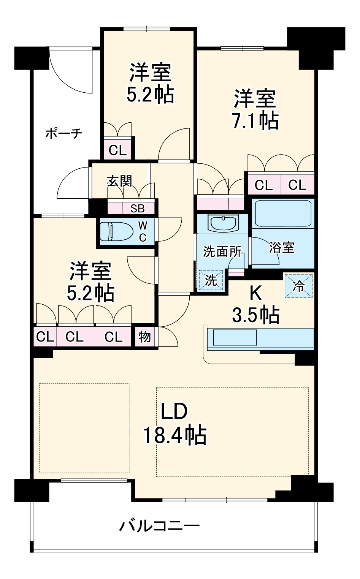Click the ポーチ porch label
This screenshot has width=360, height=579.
click(x=63, y=133)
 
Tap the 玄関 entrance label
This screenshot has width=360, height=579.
click(x=120, y=181)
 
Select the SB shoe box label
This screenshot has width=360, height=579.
click(x=137, y=208)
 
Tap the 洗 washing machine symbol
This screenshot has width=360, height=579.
click(x=211, y=280)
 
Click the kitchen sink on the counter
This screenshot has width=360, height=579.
click(x=235, y=337)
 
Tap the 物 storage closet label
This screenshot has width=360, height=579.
click(x=144, y=337)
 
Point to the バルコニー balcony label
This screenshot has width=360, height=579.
click(x=160, y=526)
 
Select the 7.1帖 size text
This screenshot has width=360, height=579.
click(x=255, y=121)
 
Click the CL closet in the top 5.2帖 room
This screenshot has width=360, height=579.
click(x=117, y=150)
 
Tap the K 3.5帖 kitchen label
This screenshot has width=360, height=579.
click(x=256, y=305)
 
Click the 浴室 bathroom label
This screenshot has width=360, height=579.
click(x=282, y=247)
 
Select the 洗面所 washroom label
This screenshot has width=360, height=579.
click(x=222, y=252)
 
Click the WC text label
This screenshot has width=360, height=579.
click(x=143, y=232)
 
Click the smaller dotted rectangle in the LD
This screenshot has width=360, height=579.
click(x=84, y=428)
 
